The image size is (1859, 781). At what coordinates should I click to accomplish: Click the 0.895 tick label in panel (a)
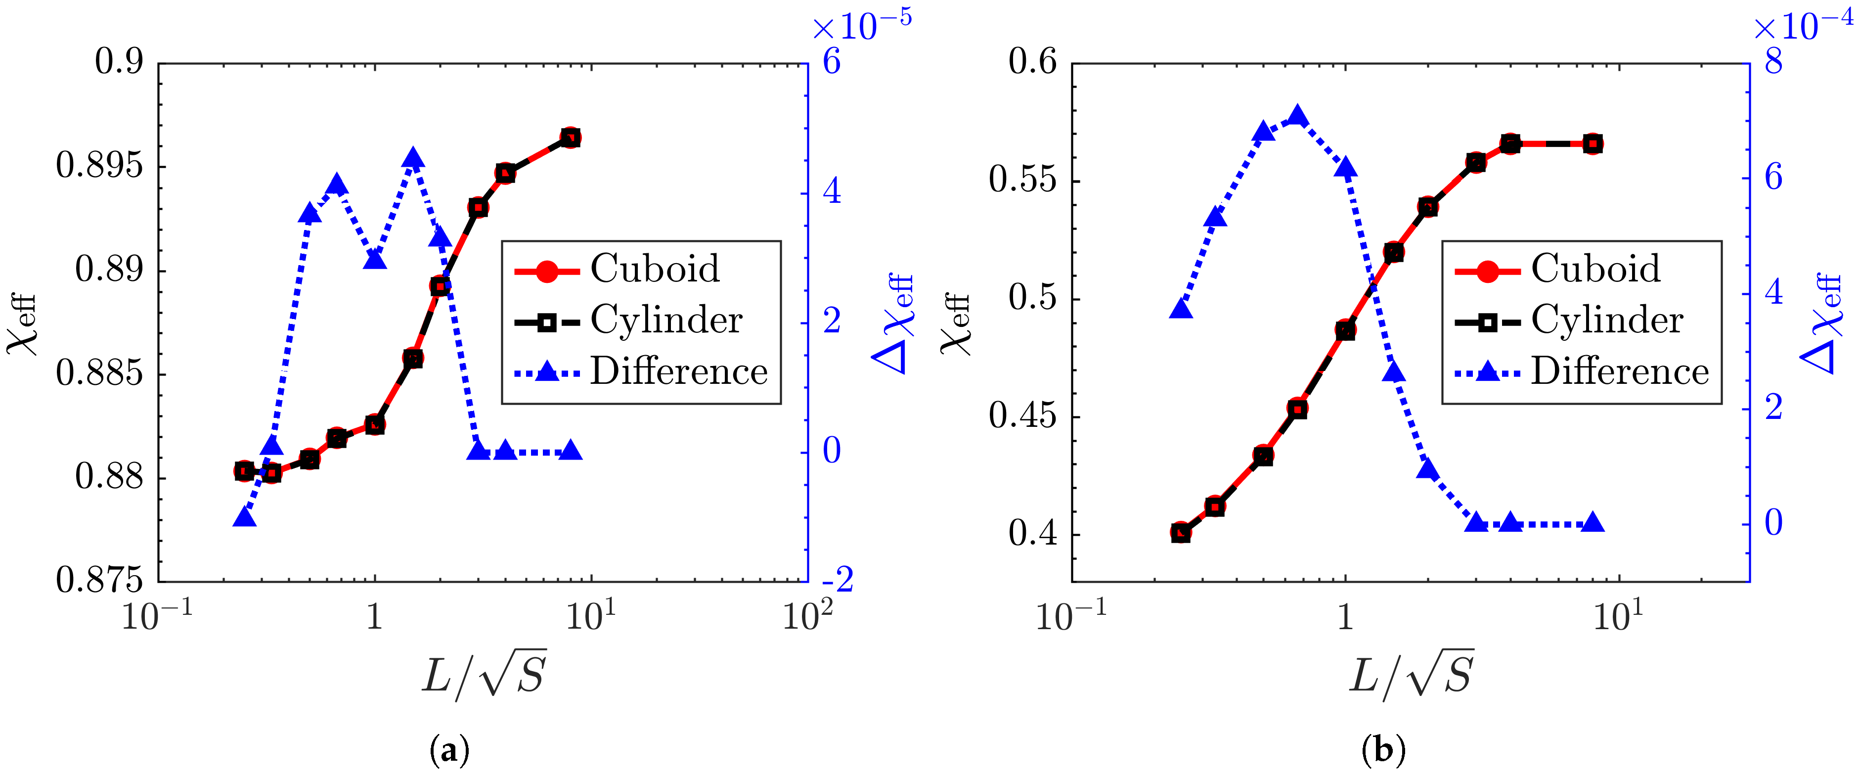pyautogui.click(x=99, y=166)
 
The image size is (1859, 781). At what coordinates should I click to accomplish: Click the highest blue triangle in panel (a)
pyautogui.click(x=413, y=158)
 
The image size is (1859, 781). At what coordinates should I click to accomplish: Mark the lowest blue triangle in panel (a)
pyautogui.click(x=245, y=517)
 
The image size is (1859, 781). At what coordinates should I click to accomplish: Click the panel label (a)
pyautogui.click(x=449, y=751)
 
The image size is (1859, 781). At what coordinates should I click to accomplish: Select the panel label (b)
pyautogui.click(x=1383, y=751)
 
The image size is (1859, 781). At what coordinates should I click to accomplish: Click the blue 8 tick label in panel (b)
pyautogui.click(x=1773, y=63)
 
